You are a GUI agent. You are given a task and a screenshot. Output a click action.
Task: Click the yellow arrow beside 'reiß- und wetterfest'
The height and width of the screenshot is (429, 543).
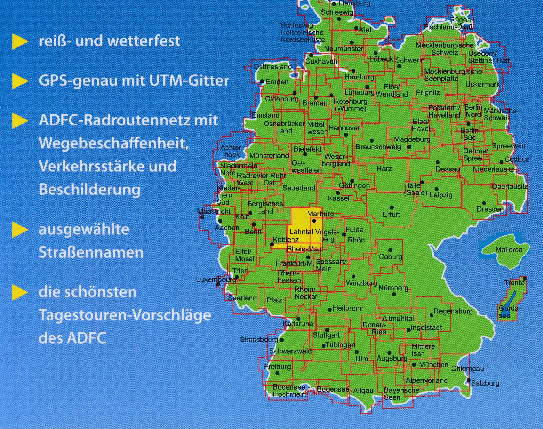pos(20,42)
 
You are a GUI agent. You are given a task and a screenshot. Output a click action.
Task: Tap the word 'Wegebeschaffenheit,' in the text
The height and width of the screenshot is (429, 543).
pos(113,143)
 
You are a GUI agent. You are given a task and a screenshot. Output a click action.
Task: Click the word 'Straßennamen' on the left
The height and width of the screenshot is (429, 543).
pos(91,252)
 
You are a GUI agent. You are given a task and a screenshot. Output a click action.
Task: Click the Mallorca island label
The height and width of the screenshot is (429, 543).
pos(509,250)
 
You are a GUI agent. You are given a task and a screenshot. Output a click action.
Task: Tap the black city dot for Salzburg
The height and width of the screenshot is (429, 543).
pos(468,380)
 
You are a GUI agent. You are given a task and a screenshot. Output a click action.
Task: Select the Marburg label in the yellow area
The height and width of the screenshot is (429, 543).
pos(320,214)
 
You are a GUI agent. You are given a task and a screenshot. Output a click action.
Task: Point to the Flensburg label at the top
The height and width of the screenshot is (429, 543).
pos(354,3)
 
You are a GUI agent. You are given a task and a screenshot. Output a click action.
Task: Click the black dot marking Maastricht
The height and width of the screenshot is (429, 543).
pos(202,217)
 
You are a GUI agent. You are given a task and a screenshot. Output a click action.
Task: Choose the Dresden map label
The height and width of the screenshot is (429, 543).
pos(490,209)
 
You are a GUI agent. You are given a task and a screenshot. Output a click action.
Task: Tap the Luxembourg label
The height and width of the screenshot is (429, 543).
pos(216,279)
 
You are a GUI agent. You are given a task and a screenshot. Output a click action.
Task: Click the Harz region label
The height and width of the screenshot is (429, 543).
pos(384,169)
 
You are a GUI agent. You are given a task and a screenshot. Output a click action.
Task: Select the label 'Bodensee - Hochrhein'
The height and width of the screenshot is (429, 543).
pos(291,391)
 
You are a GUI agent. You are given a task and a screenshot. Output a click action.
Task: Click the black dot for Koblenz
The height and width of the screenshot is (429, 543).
pos(272,244)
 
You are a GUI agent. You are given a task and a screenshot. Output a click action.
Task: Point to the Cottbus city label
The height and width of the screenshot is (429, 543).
pos(517,159)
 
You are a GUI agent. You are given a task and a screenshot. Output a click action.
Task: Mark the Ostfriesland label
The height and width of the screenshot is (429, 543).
pos(272,67)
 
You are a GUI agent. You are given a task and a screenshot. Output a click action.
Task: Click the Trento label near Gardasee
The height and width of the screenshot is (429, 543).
pos(514,283)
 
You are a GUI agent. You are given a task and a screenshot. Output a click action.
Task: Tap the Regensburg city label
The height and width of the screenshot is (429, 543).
pos(453,311)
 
